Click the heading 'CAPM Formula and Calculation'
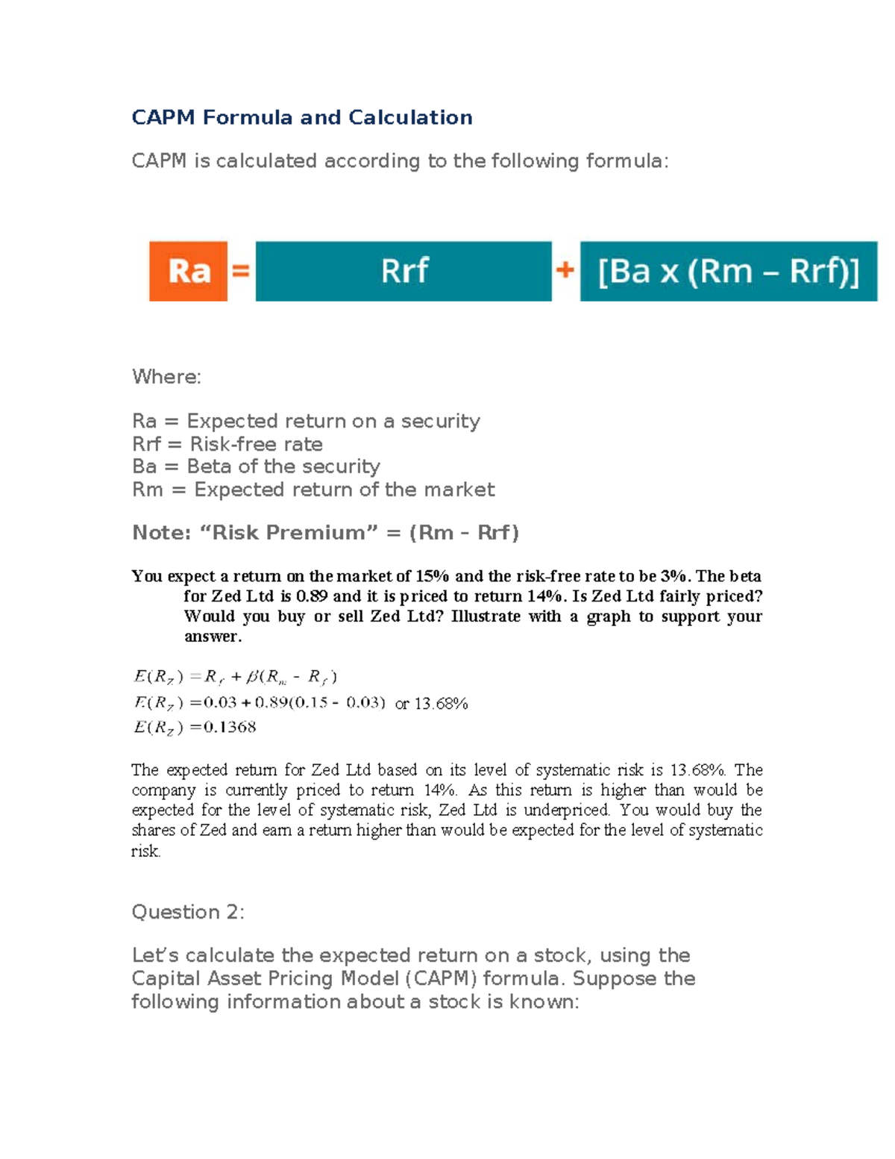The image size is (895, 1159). [x=301, y=118]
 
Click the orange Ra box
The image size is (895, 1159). [x=188, y=271]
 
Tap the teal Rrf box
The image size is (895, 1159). [x=403, y=271]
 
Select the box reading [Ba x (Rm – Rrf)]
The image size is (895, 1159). [x=728, y=271]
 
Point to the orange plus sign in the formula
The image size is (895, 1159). [x=565, y=269]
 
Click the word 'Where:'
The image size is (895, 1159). [x=166, y=377]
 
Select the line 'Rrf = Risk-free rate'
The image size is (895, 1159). [x=227, y=445]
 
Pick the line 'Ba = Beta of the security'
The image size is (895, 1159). [x=256, y=467]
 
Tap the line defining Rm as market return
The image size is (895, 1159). [x=313, y=490]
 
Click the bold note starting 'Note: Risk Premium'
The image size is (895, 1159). [x=325, y=533]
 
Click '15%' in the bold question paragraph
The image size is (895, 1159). [x=433, y=576]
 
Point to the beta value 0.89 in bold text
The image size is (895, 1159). [x=312, y=596]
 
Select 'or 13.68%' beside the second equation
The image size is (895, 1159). [x=431, y=704]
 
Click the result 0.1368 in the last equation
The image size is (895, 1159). [x=230, y=728]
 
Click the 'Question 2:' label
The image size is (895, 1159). [x=188, y=913]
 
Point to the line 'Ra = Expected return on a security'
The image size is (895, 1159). [x=306, y=422]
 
